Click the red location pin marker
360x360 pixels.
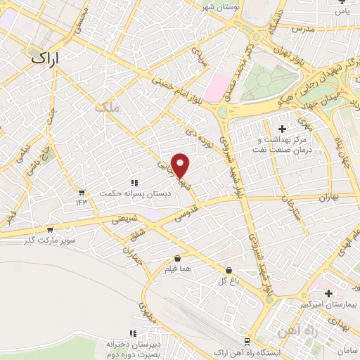pos(181,166)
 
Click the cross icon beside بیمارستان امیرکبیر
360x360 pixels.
pos(328,292)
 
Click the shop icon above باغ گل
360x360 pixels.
pos(229,270)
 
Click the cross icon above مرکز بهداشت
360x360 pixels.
pos(283,129)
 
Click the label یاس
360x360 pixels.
pos(342,11)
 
